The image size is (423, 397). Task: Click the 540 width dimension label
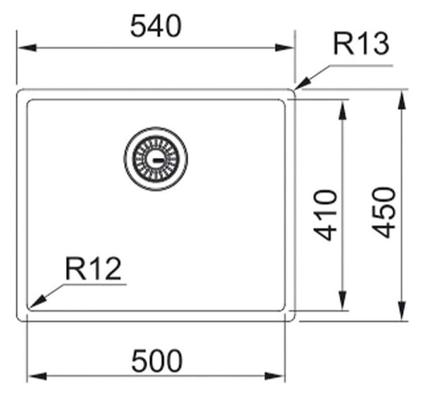[x=156, y=26]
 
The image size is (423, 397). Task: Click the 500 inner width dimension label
[x=157, y=360]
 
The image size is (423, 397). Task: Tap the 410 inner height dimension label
[x=325, y=215]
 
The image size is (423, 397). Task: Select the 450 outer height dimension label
[x=384, y=213]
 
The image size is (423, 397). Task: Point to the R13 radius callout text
[x=361, y=44]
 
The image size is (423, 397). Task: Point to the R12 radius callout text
[x=93, y=269]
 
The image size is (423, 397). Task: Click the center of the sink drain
[x=156, y=159]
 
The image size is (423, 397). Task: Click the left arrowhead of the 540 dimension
[x=27, y=48]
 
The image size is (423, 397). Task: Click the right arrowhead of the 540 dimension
[x=284, y=48]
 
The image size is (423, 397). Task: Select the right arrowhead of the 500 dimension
[x=275, y=377]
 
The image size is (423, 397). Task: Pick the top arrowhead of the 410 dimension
[x=343, y=110]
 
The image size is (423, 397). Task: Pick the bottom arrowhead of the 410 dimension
[x=343, y=301]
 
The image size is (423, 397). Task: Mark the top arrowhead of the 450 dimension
[x=402, y=100]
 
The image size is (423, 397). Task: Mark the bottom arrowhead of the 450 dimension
[x=402, y=311]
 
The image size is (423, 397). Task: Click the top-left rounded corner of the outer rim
[x=19, y=91]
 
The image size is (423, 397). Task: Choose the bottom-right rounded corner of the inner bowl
[x=283, y=309]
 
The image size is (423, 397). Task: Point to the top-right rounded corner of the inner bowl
[x=283, y=102]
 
